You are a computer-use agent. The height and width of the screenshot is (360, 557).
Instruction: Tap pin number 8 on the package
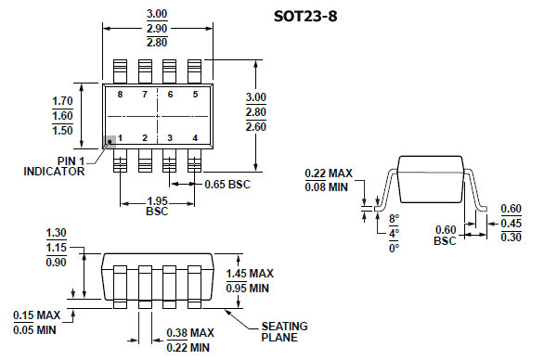click(x=120, y=95)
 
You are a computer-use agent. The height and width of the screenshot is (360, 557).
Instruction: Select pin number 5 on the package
click(x=195, y=95)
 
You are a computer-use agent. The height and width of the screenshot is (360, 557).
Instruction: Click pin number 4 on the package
click(x=195, y=137)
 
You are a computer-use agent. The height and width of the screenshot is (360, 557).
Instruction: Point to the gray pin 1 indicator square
click(x=110, y=140)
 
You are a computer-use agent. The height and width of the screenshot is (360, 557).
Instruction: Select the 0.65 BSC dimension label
click(x=227, y=184)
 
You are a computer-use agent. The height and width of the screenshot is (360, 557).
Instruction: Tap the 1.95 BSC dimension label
click(x=158, y=206)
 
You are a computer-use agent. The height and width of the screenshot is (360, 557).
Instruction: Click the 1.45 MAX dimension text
click(x=250, y=273)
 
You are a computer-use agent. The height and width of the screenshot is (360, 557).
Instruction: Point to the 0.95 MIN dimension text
click(x=249, y=289)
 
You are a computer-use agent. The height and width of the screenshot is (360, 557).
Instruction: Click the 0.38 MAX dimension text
click(x=189, y=332)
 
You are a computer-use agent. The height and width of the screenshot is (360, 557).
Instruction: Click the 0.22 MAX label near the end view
click(x=328, y=173)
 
